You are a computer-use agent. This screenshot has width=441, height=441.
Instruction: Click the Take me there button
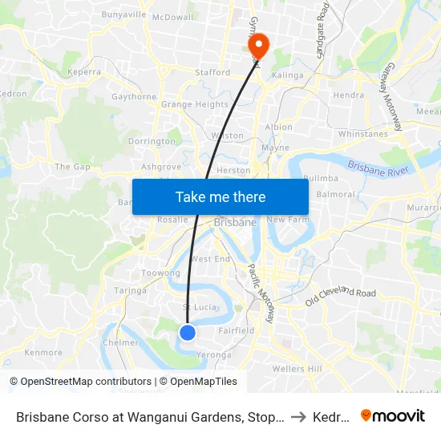point(220,196)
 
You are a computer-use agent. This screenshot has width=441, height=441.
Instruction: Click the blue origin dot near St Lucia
point(187,332)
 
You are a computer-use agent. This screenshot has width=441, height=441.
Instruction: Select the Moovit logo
point(393,415)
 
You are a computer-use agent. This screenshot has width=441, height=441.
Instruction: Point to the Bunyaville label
point(123,14)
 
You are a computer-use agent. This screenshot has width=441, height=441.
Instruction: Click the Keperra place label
point(84,71)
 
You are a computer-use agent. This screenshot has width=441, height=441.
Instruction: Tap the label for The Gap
point(72,167)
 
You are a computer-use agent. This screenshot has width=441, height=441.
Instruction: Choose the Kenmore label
point(43,352)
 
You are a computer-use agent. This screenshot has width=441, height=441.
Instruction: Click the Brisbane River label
point(378,169)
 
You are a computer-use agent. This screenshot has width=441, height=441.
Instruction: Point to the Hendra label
point(349,95)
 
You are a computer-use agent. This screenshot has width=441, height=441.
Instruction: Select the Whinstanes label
point(363,134)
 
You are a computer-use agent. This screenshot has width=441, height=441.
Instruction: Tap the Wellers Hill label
point(297,368)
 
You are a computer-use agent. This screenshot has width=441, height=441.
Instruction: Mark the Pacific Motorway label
point(261,293)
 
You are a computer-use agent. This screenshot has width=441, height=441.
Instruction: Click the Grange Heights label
point(195,104)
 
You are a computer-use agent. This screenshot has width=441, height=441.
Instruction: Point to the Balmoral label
point(335,194)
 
